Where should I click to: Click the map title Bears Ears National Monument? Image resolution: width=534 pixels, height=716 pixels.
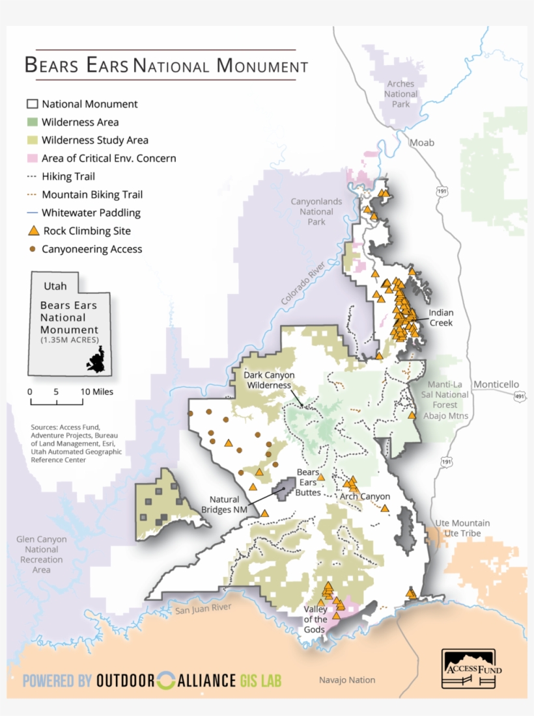(x=166, y=66)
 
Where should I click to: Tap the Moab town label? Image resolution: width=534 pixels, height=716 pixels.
(x=421, y=142)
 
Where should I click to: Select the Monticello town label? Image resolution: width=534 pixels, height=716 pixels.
(x=496, y=384)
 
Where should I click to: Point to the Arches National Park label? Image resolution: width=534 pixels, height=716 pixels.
(x=401, y=94)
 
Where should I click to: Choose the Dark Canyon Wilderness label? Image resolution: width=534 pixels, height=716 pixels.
(x=270, y=380)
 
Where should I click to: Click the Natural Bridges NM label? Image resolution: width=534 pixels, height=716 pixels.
(x=225, y=505)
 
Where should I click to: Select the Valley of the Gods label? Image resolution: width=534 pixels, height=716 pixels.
(x=316, y=619)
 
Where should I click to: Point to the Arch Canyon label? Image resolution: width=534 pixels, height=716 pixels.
(x=365, y=496)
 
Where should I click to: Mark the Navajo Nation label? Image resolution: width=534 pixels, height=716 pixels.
(x=346, y=680)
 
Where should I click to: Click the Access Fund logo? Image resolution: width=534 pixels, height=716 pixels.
(x=468, y=668)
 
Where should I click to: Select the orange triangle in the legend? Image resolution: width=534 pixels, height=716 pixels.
(x=33, y=230)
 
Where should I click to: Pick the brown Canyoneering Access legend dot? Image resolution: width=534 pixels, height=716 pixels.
(x=33, y=248)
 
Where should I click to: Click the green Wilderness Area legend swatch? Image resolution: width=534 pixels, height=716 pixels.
(x=33, y=122)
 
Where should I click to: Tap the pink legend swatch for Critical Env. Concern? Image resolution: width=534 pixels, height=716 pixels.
(x=33, y=158)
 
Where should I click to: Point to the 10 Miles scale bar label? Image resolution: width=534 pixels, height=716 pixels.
(x=96, y=391)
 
